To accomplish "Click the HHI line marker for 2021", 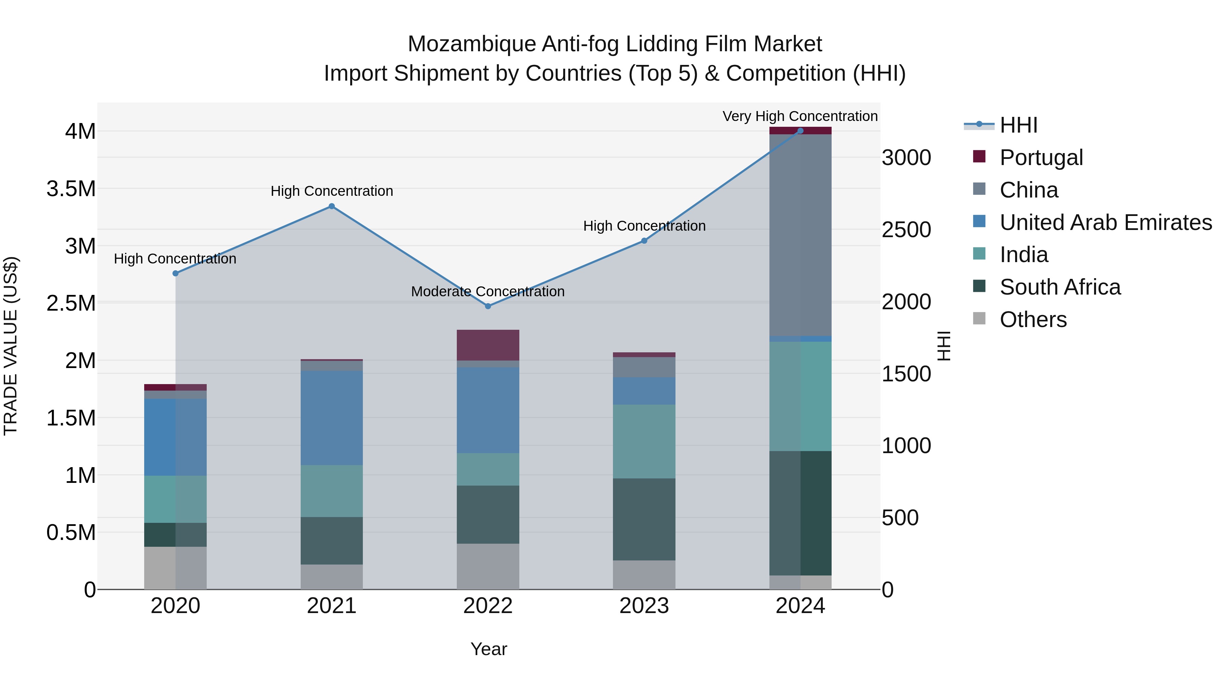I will pos(331,206).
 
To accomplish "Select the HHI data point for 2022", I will pos(488,306).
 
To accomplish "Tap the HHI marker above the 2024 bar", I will pos(800,131).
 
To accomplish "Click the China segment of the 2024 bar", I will pos(800,234).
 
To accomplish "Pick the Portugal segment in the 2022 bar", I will pos(488,345).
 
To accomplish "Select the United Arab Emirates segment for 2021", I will pos(331,417).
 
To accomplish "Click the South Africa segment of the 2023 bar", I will pos(644,519).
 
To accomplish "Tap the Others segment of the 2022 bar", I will pos(488,566).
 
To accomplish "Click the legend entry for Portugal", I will pos(1041,158).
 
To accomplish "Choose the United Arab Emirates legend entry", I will pos(1105,222).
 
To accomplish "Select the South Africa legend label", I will pos(1060,287).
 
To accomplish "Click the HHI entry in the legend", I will pos(1018,125).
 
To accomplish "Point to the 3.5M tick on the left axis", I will pos(71,189).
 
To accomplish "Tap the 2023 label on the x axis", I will pos(644,606).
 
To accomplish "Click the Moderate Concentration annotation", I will pos(488,291).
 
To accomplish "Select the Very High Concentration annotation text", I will pos(800,116).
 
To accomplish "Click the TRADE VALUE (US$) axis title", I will pos(11,346).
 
